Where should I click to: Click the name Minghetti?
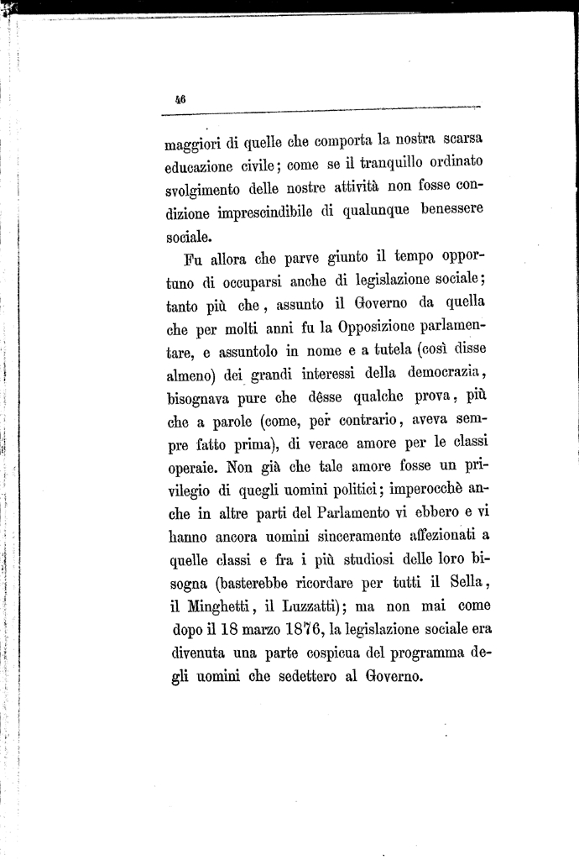coord(223,606)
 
